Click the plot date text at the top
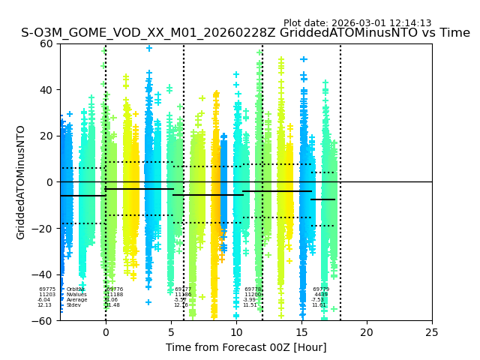(x=357, y=23)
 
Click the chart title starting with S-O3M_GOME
(x=245, y=33)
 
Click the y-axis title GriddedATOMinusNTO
(x=21, y=182)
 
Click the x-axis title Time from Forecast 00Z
(x=246, y=347)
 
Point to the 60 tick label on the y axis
(x=47, y=43)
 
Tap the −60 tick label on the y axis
(x=44, y=321)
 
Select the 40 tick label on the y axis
(x=47, y=90)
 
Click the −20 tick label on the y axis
(x=44, y=229)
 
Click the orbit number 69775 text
(x=47, y=289)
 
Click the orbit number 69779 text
(x=321, y=289)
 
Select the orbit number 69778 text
(x=253, y=289)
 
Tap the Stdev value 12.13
(x=45, y=305)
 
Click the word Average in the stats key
(x=76, y=300)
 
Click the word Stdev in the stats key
(x=73, y=305)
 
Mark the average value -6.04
(x=44, y=300)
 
